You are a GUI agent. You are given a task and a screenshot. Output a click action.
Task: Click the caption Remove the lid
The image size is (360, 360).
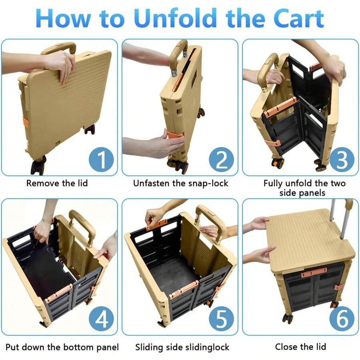(57, 184)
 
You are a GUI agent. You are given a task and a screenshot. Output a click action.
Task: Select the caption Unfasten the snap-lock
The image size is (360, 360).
(180, 184)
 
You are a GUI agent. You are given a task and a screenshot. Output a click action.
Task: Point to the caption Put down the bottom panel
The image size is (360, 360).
(62, 346)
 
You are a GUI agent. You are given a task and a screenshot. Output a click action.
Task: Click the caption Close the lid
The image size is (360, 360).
(300, 346)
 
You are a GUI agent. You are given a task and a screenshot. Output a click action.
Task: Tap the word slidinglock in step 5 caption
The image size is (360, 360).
(207, 346)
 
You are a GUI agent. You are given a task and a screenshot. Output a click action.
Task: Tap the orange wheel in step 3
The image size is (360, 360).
(277, 163)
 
